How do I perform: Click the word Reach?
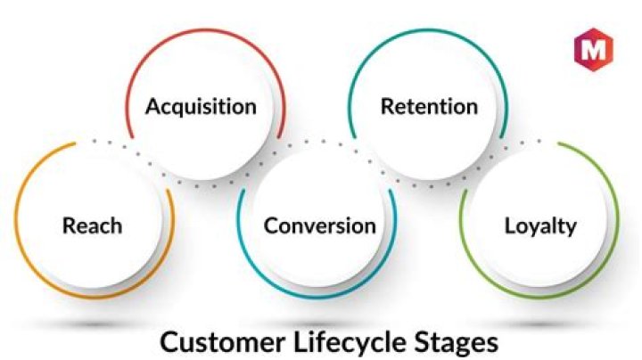(x=91, y=225)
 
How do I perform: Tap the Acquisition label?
(x=201, y=107)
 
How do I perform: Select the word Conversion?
(x=319, y=225)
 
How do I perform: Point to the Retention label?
(x=429, y=107)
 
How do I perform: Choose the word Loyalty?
(x=540, y=225)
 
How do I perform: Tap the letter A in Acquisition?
(x=153, y=107)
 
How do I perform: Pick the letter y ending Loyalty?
(x=571, y=228)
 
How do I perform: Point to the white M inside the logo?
(x=590, y=49)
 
